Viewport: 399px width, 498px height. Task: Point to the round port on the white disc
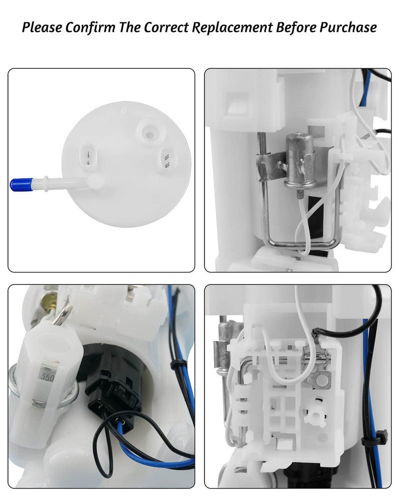(x=148, y=131)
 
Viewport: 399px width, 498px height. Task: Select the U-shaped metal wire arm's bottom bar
(x=300, y=243)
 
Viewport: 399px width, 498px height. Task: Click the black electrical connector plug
(x=112, y=393)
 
